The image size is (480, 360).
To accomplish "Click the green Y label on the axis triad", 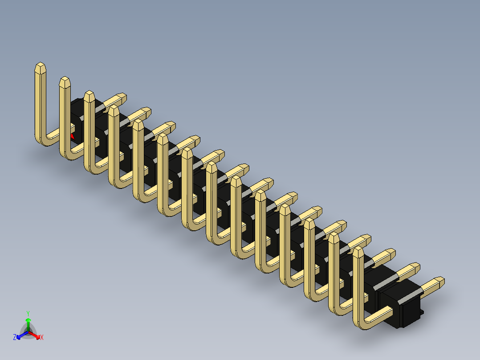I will [28, 313].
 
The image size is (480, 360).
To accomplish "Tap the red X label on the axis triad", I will [42, 338].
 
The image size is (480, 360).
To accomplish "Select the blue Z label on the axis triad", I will [15, 338].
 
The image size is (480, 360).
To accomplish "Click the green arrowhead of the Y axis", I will [28, 320].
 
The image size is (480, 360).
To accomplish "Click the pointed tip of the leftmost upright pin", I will [41, 67].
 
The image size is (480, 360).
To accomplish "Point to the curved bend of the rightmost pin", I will [362, 324].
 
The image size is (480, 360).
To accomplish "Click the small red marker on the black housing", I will [72, 135].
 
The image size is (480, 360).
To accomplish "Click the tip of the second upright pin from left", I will [65, 82].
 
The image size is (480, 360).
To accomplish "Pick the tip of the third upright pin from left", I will [89, 95].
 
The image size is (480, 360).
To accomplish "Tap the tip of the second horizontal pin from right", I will [415, 268].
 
